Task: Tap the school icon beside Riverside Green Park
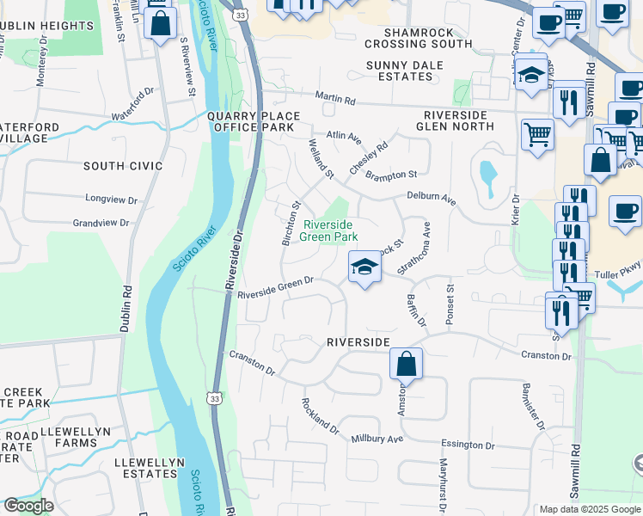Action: click(x=364, y=268)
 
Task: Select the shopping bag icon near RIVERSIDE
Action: click(x=407, y=364)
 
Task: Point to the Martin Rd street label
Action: click(x=334, y=100)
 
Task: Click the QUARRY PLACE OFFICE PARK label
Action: click(x=254, y=122)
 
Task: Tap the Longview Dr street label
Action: click(x=112, y=200)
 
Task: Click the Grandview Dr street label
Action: click(x=101, y=223)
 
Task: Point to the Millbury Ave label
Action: click(x=377, y=439)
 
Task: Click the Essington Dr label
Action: click(x=468, y=445)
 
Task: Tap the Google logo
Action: click(x=28, y=506)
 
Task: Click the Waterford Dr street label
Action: click(x=132, y=95)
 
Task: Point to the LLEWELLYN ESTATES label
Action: click(x=150, y=468)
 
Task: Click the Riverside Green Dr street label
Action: click(x=275, y=285)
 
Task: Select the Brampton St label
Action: click(x=390, y=175)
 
